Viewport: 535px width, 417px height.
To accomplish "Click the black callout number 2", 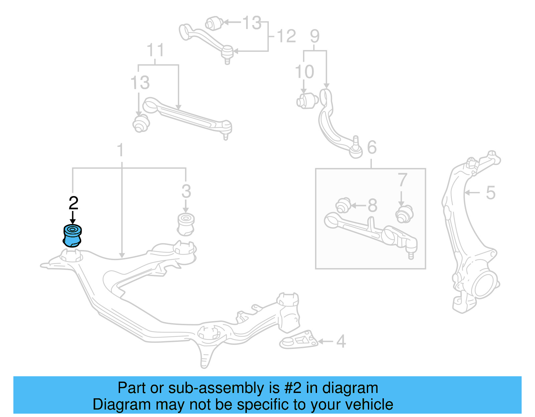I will click(x=73, y=203).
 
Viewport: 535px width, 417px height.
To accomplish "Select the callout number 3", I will click(x=186, y=192).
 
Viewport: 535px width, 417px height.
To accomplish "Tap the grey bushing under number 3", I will click(x=186, y=224).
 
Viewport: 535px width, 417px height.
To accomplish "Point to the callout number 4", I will click(x=341, y=341).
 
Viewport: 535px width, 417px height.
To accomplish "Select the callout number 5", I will click(x=490, y=193).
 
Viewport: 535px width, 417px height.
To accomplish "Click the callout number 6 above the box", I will click(x=372, y=147).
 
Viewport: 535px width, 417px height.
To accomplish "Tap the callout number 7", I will click(x=402, y=180).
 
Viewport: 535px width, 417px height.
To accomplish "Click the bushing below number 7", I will click(x=404, y=214).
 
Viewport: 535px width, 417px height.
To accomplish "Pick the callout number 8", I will click(x=372, y=205).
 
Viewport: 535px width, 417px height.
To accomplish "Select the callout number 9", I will click(x=315, y=36).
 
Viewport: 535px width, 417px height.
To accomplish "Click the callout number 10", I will click(x=304, y=72).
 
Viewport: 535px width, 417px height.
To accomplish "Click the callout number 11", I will click(x=155, y=50).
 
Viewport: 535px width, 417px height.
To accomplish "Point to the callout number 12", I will click(x=286, y=36).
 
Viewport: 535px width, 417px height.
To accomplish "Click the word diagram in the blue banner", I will click(x=350, y=388).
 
